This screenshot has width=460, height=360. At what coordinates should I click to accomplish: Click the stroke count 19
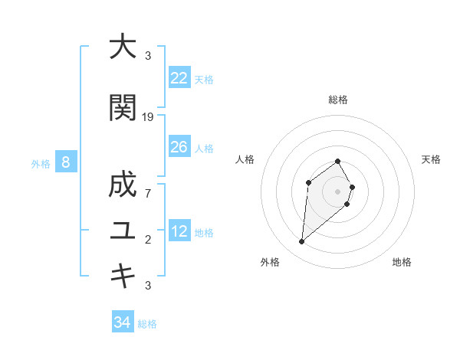click(x=148, y=117)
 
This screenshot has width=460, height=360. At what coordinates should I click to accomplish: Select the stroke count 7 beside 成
click(x=148, y=194)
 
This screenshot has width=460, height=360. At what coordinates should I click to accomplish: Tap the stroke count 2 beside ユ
click(x=148, y=240)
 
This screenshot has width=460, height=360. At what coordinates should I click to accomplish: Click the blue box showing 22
click(x=179, y=78)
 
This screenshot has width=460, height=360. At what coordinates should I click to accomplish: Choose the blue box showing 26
click(x=179, y=147)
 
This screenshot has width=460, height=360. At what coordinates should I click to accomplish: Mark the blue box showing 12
click(x=179, y=231)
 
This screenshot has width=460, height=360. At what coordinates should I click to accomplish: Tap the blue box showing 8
click(x=66, y=162)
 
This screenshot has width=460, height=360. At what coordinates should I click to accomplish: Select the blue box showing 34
click(x=122, y=322)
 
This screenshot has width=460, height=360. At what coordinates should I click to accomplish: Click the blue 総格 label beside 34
click(x=147, y=324)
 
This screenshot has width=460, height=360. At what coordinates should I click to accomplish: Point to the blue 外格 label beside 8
click(x=41, y=163)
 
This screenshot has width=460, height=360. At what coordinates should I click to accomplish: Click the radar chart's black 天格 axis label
click(x=431, y=159)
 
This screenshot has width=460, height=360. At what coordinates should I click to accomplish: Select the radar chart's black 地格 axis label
click(x=402, y=262)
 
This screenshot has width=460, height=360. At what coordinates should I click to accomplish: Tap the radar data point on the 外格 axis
click(x=302, y=242)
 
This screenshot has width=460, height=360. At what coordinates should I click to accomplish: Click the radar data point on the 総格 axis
click(x=337, y=162)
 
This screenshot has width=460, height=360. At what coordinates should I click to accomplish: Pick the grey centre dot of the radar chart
click(x=337, y=191)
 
